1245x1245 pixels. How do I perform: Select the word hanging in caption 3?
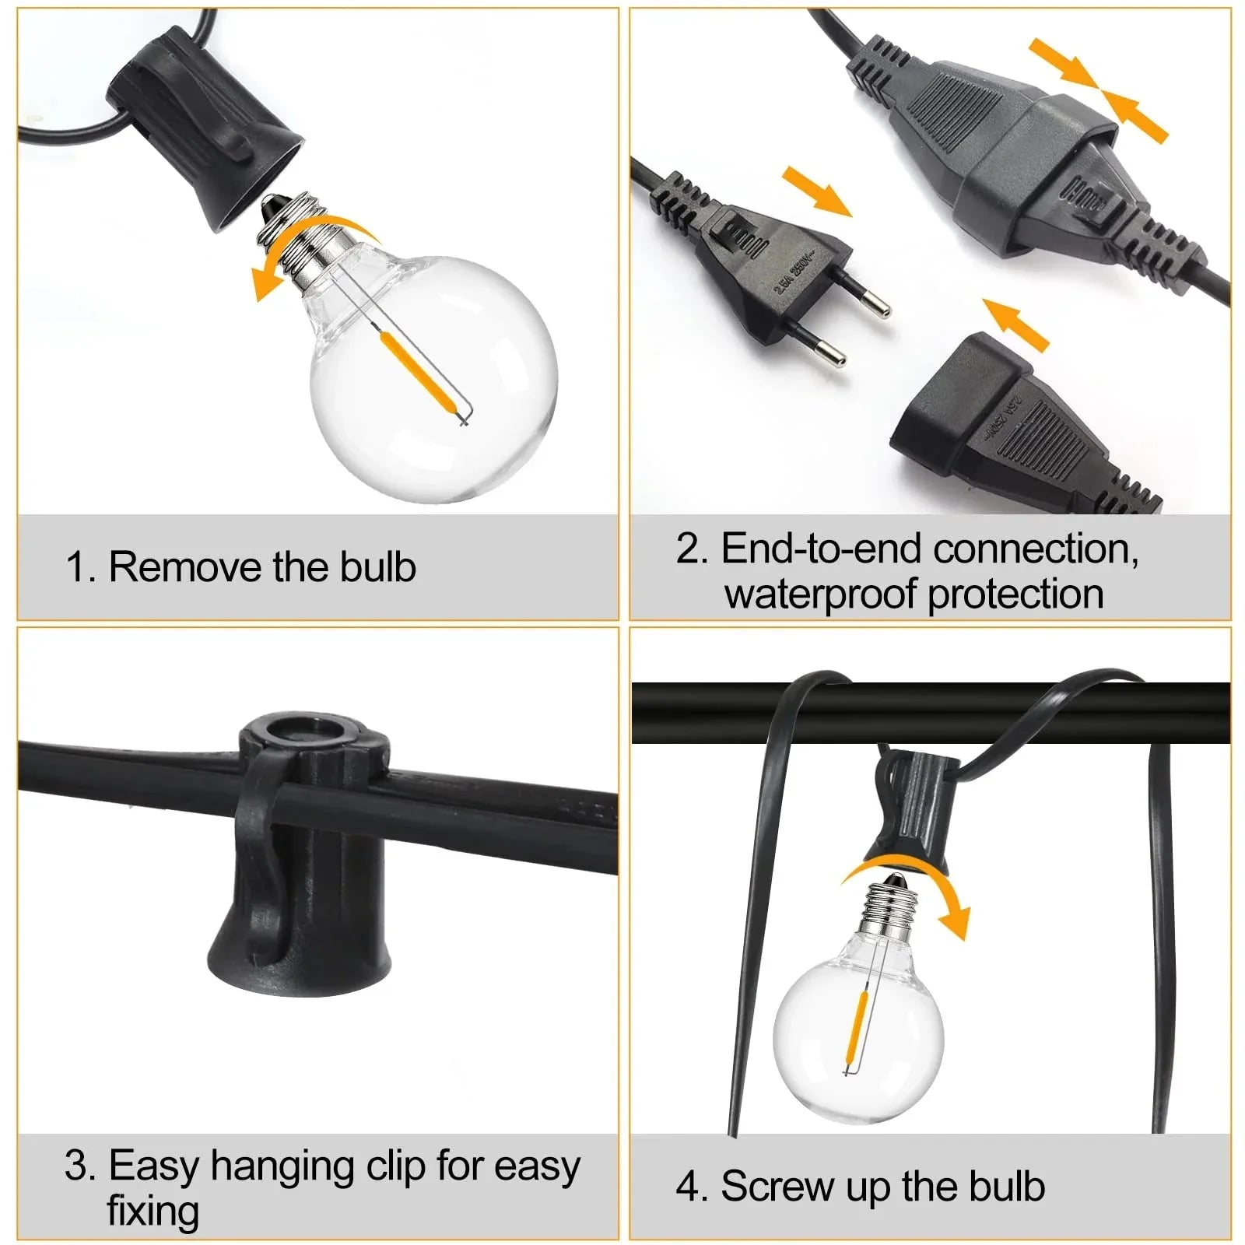pyautogui.click(x=283, y=1166)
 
